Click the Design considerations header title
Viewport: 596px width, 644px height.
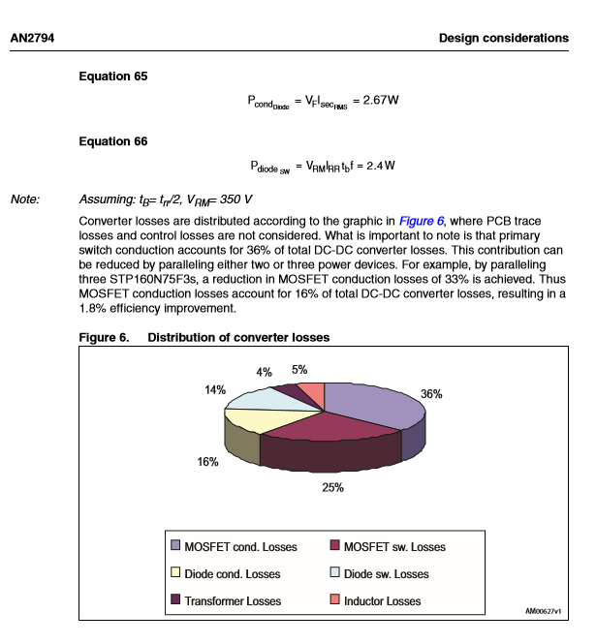503,39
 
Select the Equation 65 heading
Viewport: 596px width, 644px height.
112,76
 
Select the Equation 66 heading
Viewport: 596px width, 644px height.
112,141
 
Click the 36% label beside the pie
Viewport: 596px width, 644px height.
431,394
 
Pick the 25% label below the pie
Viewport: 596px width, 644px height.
333,487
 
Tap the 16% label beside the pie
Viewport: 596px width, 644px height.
207,462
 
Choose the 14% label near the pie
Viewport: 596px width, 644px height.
214,389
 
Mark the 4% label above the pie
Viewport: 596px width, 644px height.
264,372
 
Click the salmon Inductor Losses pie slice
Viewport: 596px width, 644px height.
311,393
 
